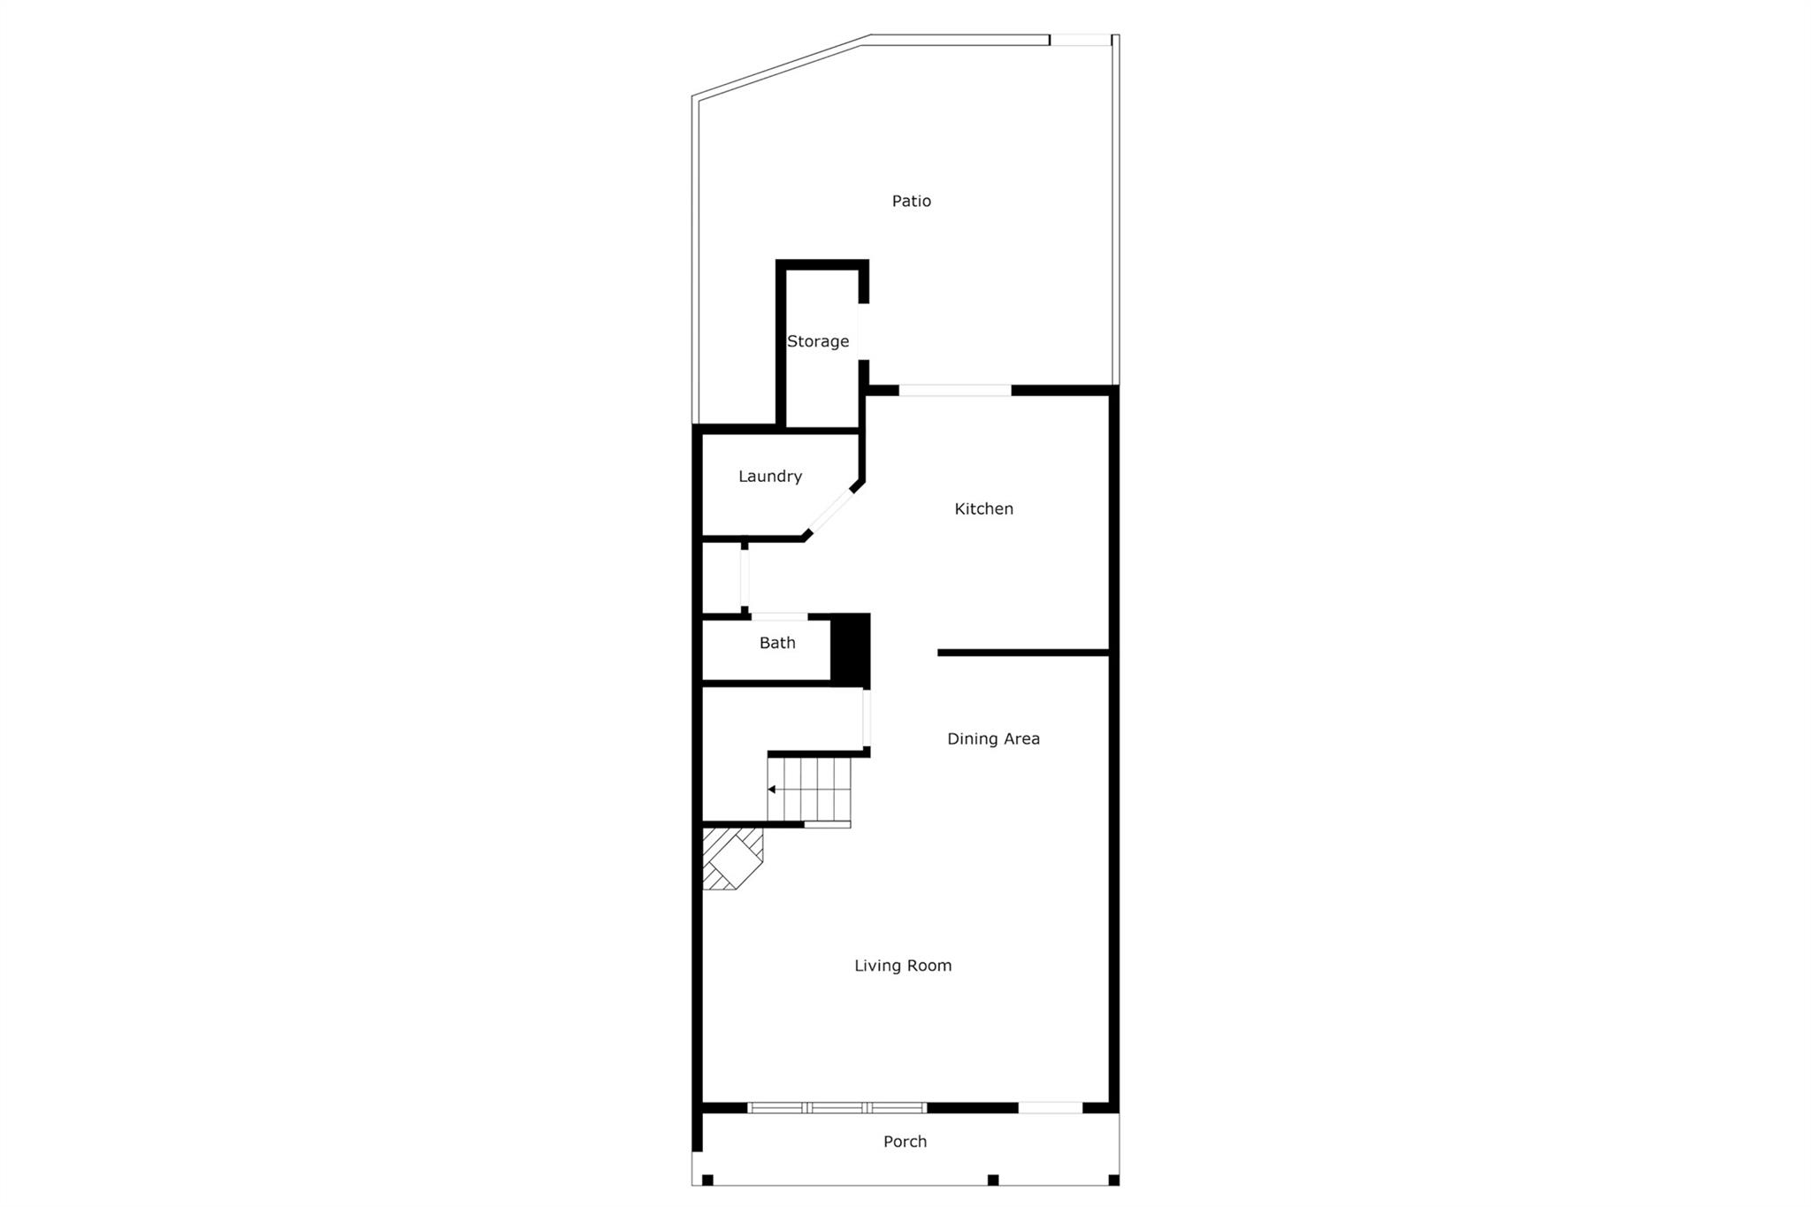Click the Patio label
[x=911, y=202]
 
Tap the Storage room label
[x=818, y=341]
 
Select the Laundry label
[x=770, y=477]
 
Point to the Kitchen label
[x=983, y=509]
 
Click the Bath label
[x=777, y=644]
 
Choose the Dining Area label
[x=993, y=739]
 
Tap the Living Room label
[x=903, y=966]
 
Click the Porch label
[x=905, y=1142]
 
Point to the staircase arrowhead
[x=772, y=789]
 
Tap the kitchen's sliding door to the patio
[x=955, y=390]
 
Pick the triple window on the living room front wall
[x=837, y=1107]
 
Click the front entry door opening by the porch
[x=1050, y=1107]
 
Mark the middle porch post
[x=993, y=1180]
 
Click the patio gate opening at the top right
[x=1080, y=40]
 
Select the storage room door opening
[x=862, y=332]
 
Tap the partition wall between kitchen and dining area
[x=1023, y=653]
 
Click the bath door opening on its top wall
[x=779, y=616]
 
